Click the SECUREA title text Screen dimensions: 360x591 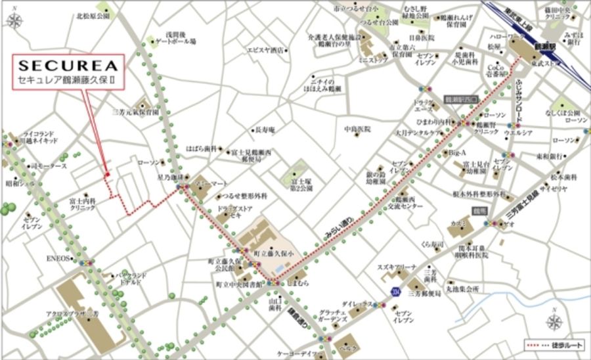[67, 65]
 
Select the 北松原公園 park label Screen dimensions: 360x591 [92, 14]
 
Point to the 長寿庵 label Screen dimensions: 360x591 [266, 129]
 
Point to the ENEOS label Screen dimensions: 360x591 [58, 259]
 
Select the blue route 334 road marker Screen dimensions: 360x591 [395, 290]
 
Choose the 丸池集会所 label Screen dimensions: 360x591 [463, 287]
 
